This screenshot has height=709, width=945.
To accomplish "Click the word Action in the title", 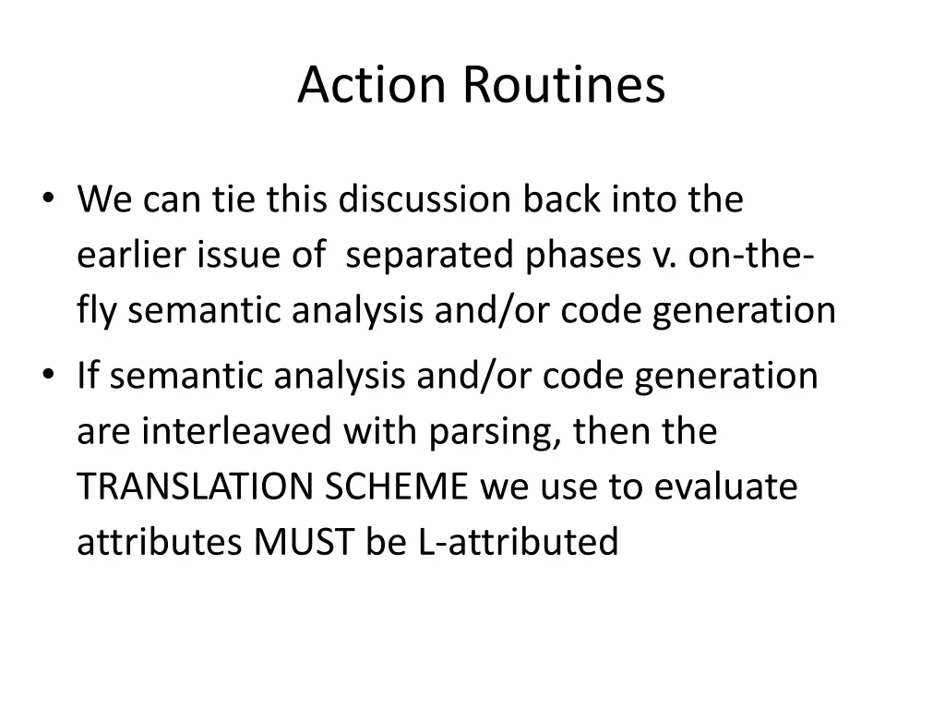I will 371,85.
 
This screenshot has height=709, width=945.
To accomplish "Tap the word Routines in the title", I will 563,85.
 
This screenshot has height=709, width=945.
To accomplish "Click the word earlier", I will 132,255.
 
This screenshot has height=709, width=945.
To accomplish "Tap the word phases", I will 579,256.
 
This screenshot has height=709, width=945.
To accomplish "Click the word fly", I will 98,311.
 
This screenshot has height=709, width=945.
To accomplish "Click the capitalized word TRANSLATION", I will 197,487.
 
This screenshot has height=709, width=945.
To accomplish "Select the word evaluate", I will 725,487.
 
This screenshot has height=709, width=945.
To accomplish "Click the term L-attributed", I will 518,542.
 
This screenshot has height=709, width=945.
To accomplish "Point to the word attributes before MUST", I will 160,542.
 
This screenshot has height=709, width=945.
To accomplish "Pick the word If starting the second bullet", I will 87,376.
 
